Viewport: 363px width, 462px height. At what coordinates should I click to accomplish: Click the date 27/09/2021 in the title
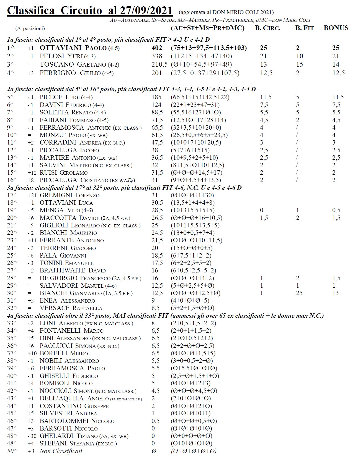pyautogui.click(x=146, y=11)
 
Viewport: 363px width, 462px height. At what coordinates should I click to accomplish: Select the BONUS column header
pyautogui.click(x=336, y=28)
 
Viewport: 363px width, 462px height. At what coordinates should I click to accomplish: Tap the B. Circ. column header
pyautogui.click(x=267, y=28)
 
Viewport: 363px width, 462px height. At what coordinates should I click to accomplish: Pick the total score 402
pyautogui.click(x=157, y=48)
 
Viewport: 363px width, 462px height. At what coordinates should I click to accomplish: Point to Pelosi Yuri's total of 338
pyautogui.click(x=157, y=56)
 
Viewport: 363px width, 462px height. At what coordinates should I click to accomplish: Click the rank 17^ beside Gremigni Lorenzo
pyautogui.click(x=12, y=195)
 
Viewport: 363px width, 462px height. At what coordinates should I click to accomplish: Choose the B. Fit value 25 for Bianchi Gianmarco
pyautogui.click(x=299, y=293)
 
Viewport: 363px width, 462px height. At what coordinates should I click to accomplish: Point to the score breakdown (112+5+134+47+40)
pyautogui.click(x=201, y=56)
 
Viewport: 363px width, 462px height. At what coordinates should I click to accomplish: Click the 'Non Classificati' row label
pyautogui.click(x=61, y=451)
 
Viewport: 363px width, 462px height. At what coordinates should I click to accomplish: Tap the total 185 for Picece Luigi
pyautogui.click(x=156, y=97)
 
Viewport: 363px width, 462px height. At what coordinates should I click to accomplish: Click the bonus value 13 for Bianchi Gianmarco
pyautogui.click(x=335, y=293)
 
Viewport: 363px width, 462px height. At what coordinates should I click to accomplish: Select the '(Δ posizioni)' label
pyautogui.click(x=30, y=28)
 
